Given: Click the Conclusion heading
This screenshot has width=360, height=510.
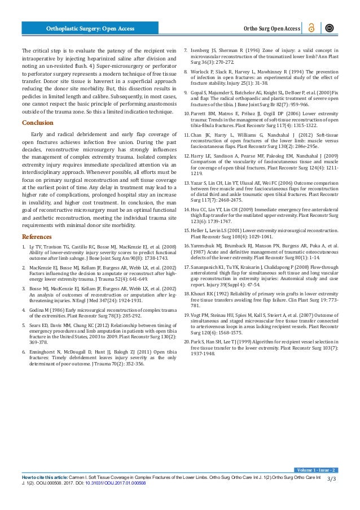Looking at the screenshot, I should point(37,123).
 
